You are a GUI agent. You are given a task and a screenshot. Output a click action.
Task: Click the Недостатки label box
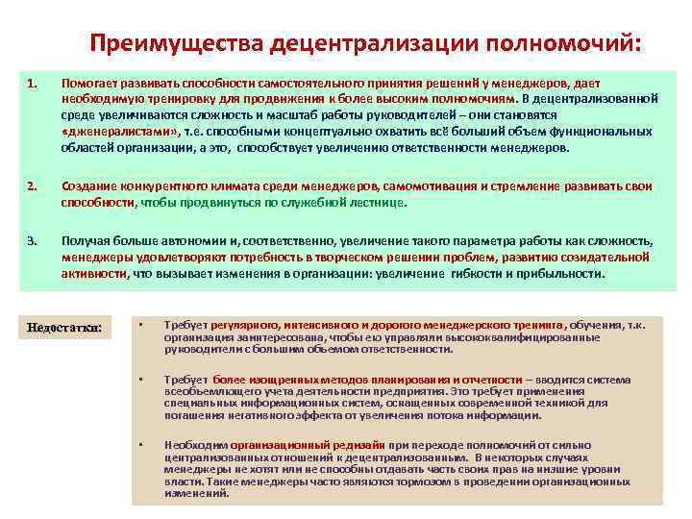coord(65,328)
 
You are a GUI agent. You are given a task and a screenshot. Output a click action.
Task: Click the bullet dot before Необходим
coord(140,444)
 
